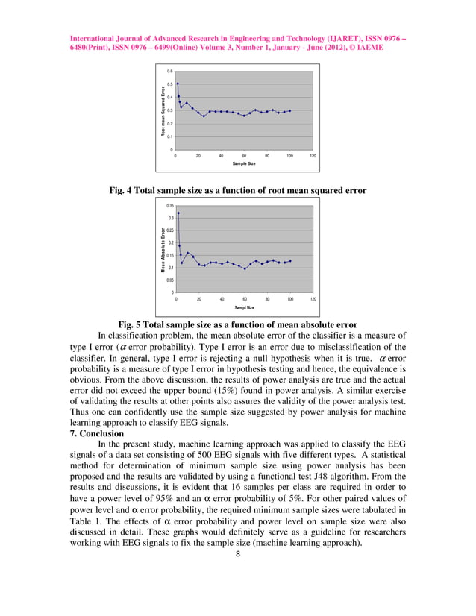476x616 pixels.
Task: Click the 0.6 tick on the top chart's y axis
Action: tap(169, 72)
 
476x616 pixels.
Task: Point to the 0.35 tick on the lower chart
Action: tap(169, 204)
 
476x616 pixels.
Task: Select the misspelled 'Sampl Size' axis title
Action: tap(244, 307)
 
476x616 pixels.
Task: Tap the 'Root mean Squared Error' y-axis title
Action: tap(162, 112)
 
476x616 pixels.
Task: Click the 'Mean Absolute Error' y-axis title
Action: tap(162, 250)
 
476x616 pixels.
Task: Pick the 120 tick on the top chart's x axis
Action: tap(313, 156)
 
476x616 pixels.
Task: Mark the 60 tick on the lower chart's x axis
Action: tap(244, 299)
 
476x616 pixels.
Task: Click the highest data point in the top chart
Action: tap(178, 84)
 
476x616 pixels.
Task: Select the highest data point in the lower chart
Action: tap(178, 213)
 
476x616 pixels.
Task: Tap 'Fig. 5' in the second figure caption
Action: tap(132, 324)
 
